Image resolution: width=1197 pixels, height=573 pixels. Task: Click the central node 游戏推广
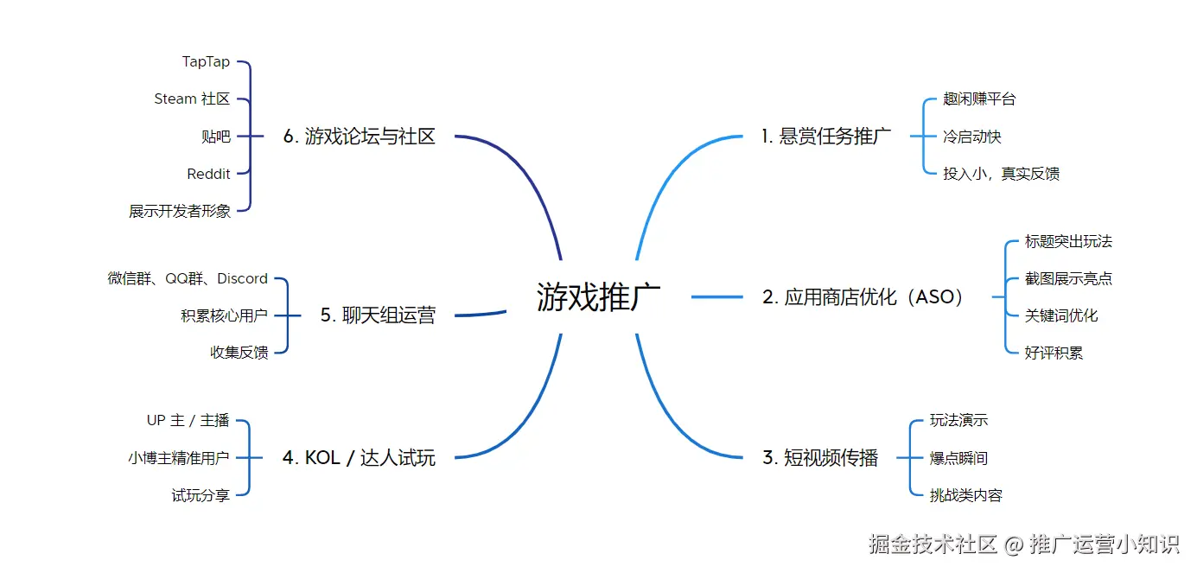598,296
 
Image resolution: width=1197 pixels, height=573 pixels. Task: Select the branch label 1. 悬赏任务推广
825,137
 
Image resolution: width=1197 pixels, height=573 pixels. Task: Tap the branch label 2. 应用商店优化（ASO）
863,297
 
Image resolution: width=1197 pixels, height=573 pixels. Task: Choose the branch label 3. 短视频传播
819,458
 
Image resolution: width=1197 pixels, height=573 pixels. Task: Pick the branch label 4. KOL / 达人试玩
359,458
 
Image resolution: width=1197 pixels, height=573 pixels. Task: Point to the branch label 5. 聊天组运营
378,315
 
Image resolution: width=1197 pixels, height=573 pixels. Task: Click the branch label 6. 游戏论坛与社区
359,137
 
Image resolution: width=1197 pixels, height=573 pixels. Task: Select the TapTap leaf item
206,61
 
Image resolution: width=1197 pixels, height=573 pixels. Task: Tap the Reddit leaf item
208,174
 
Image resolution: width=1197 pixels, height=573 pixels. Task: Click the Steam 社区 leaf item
192,99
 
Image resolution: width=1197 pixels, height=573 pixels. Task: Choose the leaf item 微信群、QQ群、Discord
188,278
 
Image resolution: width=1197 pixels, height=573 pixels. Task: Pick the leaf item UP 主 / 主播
188,421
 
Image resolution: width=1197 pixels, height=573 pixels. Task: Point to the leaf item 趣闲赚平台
979,99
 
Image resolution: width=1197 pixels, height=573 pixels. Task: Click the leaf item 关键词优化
1061,315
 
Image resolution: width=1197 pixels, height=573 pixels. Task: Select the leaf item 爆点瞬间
958,458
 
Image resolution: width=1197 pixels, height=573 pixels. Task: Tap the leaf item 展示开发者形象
180,211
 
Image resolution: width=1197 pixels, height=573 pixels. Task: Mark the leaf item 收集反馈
239,353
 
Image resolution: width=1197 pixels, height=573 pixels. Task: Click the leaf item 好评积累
1054,353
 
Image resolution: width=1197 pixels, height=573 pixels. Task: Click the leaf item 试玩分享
201,495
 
